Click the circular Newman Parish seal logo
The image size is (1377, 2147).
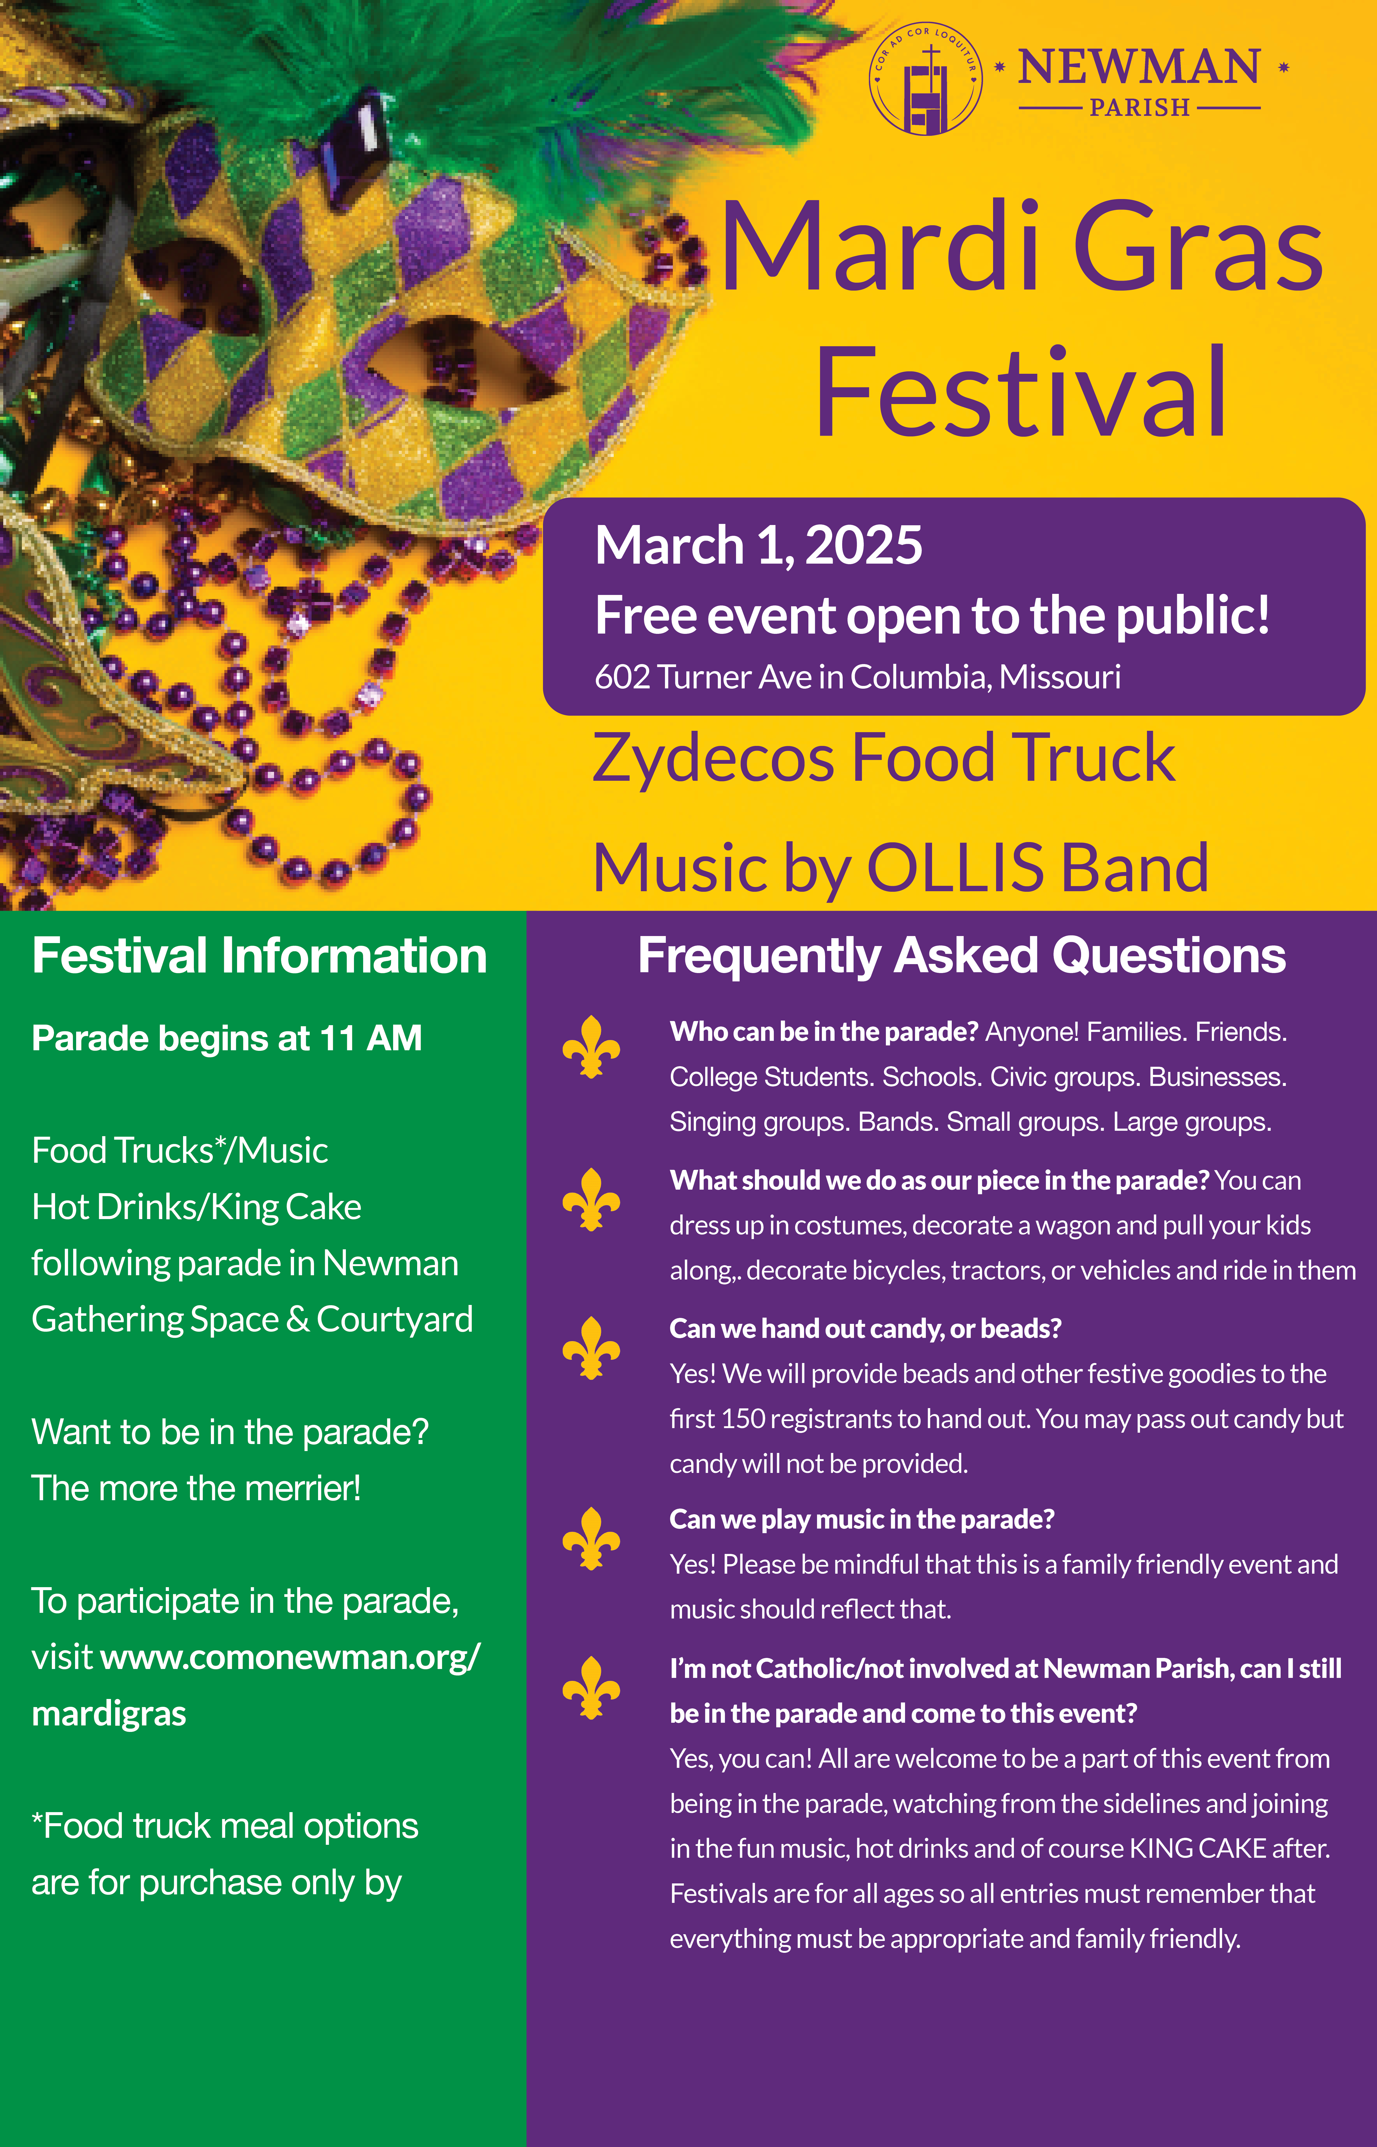tap(926, 79)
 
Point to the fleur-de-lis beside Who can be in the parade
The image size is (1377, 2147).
tap(591, 1046)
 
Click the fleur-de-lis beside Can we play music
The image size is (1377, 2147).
tap(591, 1538)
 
